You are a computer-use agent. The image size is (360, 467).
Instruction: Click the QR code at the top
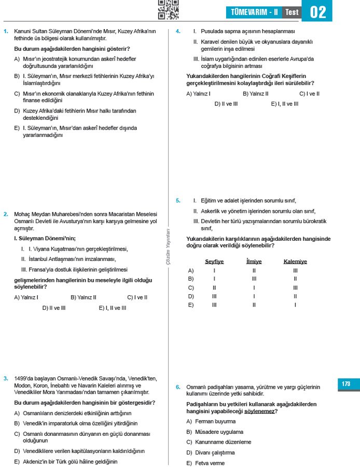(x=168, y=9)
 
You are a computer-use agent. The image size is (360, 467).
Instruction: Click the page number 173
(x=346, y=384)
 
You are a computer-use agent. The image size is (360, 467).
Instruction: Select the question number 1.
(x=6, y=32)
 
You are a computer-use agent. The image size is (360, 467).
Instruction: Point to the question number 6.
(x=178, y=387)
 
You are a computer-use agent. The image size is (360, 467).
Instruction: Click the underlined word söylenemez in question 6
(x=260, y=411)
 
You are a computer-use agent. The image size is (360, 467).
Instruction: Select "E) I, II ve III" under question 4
(x=285, y=103)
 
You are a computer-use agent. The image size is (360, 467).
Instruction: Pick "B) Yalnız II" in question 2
(x=84, y=297)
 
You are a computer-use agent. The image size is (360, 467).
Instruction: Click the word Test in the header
(x=292, y=12)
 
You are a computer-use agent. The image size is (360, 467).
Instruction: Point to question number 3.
(x=6, y=378)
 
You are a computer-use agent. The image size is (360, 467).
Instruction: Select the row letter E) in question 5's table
(x=191, y=305)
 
